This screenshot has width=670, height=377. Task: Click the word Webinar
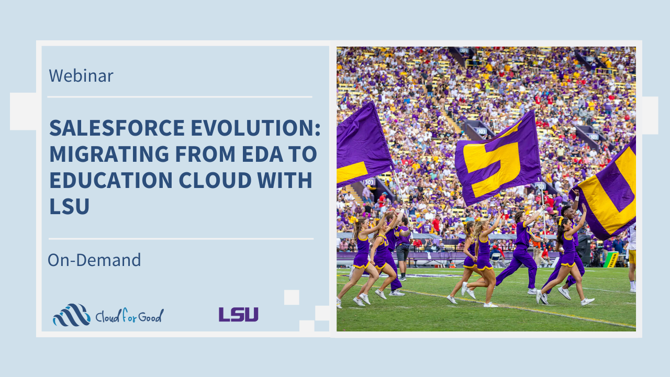click(81, 75)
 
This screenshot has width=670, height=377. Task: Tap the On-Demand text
click(94, 260)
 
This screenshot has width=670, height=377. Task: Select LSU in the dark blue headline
click(70, 206)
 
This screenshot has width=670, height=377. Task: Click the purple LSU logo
click(238, 315)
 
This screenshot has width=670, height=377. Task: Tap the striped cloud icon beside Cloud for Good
click(72, 315)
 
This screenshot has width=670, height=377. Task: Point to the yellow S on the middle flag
click(493, 168)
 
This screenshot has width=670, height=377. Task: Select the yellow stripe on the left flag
click(352, 172)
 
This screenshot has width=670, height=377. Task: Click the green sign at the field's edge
click(610, 260)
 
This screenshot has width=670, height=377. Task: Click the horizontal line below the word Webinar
click(180, 97)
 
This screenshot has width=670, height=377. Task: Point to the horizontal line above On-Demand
click(181, 239)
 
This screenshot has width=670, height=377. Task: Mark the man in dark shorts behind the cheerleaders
click(404, 248)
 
